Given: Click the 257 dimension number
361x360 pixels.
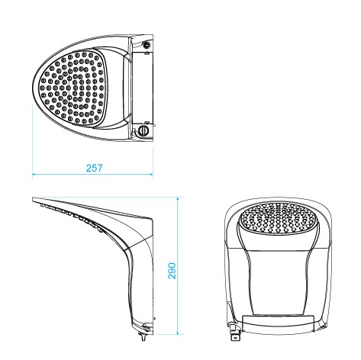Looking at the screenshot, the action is click(x=94, y=168).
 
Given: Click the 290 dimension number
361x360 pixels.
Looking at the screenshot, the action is click(x=172, y=271).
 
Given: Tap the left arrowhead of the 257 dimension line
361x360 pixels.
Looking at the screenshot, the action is click(x=34, y=174).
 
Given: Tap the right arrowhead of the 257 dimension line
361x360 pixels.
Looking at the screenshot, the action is click(x=151, y=174).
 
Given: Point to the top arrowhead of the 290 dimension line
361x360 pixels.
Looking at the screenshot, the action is click(x=178, y=199).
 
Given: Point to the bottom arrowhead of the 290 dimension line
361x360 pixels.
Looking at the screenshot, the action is click(x=178, y=333).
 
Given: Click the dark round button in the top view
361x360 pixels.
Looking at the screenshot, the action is click(x=147, y=45).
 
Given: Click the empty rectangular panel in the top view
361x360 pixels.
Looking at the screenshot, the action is click(x=143, y=88).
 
